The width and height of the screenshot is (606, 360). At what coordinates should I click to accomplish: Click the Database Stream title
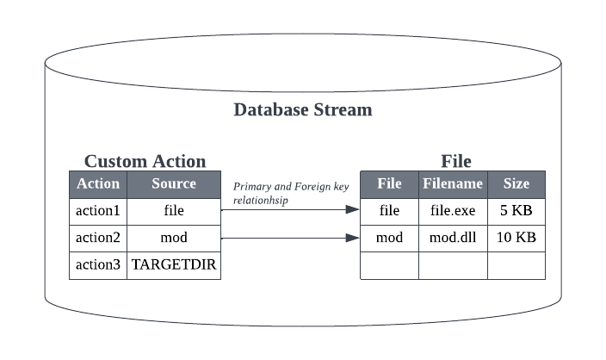[x=303, y=110]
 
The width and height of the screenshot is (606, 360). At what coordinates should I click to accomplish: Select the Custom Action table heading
[x=145, y=161]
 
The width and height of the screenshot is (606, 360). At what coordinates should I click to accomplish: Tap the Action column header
[x=98, y=183]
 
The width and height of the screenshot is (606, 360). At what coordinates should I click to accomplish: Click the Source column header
[x=174, y=183]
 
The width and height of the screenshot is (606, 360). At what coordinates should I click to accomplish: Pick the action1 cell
[x=98, y=209]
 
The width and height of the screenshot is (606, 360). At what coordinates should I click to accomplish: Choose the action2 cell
[x=98, y=237]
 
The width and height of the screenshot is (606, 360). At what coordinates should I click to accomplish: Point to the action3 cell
[x=98, y=264]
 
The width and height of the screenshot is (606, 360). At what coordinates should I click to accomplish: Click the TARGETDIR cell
[x=174, y=264]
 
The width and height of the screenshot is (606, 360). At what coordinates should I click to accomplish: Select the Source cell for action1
[x=174, y=209]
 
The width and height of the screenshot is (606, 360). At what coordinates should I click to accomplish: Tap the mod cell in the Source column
[x=174, y=237]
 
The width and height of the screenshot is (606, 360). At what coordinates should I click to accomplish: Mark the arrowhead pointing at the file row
[x=353, y=209]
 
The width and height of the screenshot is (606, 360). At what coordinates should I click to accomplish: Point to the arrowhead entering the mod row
[x=353, y=237]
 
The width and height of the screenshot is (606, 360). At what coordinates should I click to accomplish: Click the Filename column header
[x=453, y=183]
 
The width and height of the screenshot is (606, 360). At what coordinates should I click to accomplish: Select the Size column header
[x=516, y=183]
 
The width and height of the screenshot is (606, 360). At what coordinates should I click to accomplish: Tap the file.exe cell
[x=453, y=209]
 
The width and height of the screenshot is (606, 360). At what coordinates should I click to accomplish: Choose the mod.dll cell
[x=453, y=237]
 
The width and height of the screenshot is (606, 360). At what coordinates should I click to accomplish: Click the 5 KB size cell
[x=516, y=209]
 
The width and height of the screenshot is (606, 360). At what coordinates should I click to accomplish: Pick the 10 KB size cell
[x=516, y=237]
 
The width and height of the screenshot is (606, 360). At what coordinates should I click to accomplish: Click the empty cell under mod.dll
[x=453, y=265]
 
